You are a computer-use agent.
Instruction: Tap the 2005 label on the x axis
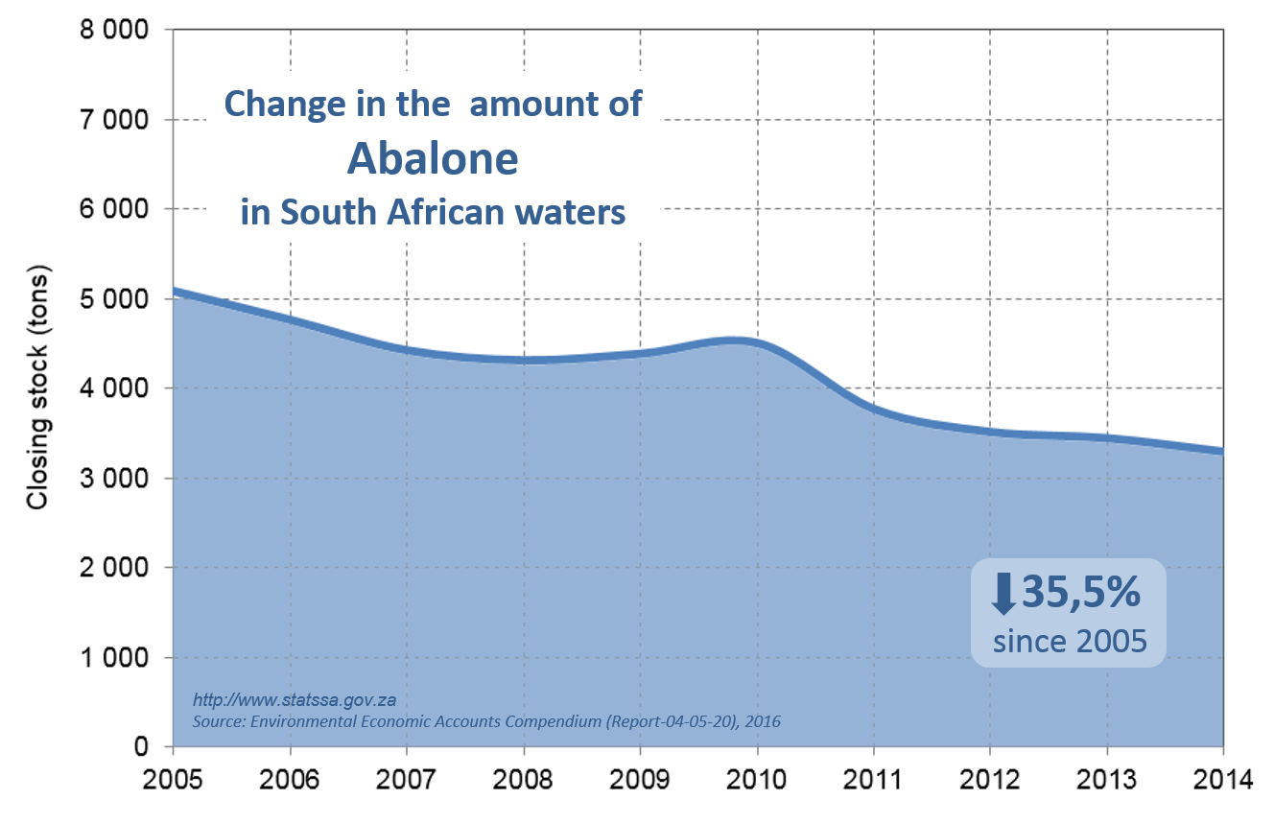tap(173, 778)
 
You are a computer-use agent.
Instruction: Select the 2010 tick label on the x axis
tap(757, 778)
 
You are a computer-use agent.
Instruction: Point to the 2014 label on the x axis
tap(1223, 778)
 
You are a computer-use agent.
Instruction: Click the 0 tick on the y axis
tap(140, 747)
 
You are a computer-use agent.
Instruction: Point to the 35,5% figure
tap(1080, 593)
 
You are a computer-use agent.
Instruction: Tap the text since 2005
tap(1070, 640)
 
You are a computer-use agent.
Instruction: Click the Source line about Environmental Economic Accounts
tap(486, 720)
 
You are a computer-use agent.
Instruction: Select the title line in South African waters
tap(433, 212)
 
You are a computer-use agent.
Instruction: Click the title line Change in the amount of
tap(433, 104)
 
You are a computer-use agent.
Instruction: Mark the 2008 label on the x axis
tap(523, 778)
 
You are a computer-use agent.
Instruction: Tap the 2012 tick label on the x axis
tap(990, 778)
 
